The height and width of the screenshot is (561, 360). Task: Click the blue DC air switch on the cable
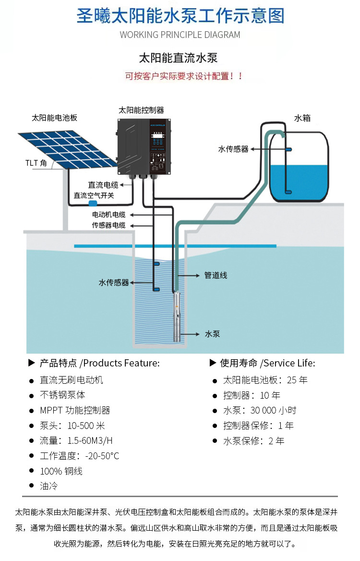93,203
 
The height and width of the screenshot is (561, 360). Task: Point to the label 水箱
302,118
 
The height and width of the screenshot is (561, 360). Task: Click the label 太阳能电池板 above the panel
54,118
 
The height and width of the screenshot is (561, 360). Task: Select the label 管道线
216,275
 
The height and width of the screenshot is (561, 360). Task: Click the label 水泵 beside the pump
212,334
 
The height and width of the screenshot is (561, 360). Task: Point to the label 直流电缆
103,185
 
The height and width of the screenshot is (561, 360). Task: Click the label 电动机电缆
109,215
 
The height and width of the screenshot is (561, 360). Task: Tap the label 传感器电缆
109,225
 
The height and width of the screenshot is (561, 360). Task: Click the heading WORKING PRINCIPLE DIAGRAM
180,35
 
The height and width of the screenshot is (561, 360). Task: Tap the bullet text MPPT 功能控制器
75,410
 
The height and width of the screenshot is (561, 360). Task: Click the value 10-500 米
86,426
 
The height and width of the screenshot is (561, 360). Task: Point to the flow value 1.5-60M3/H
90,440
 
